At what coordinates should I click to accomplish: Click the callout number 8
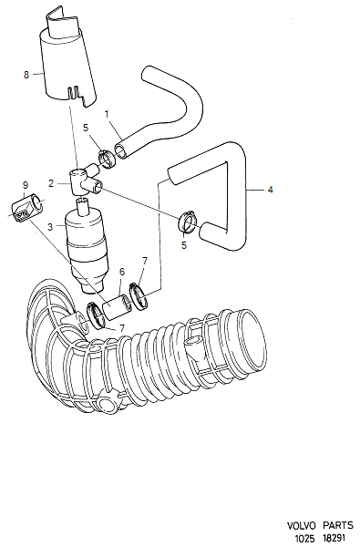(26, 75)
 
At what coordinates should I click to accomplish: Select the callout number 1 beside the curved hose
(107, 114)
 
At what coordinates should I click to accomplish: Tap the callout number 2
(51, 183)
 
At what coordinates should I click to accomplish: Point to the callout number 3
(50, 227)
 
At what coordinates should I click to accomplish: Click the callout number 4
(270, 190)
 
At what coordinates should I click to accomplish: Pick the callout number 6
(122, 272)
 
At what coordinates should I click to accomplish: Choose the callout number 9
(25, 185)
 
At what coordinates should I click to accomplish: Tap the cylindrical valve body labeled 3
(87, 245)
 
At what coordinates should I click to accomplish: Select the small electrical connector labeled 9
(27, 209)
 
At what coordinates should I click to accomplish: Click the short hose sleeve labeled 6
(117, 306)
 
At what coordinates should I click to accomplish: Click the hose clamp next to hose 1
(107, 159)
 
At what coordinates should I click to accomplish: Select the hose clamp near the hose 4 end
(188, 223)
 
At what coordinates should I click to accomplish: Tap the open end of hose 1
(121, 152)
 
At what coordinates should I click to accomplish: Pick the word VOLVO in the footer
(301, 525)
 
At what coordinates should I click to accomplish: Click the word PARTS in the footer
(338, 525)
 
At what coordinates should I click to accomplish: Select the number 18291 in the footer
(334, 537)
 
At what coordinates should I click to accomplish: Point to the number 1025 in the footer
(305, 538)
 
